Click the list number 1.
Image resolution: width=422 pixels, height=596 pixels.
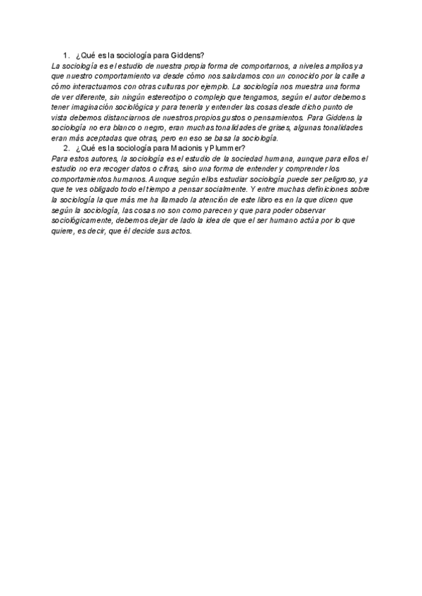click(x=65, y=55)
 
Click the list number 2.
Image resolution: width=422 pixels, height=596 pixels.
click(x=65, y=148)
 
